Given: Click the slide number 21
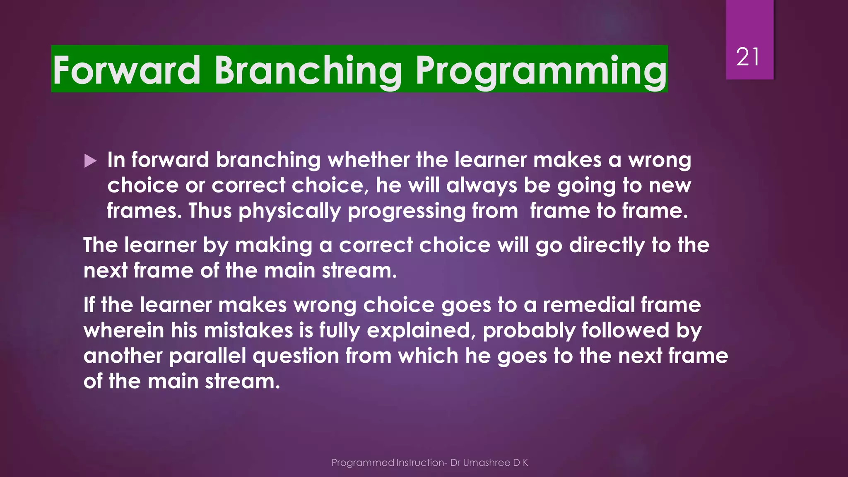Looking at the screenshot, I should click(748, 57).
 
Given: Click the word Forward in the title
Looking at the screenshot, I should click(126, 70).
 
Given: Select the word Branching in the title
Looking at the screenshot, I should click(308, 70).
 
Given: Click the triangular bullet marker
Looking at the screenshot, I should click(90, 161).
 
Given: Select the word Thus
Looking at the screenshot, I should click(210, 211).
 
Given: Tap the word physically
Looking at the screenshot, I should click(289, 211).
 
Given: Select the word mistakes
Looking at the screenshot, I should click(248, 330).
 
